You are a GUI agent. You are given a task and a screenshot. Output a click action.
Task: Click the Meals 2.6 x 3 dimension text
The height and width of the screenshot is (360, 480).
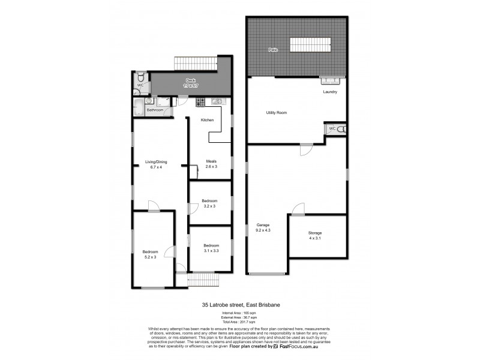(211, 166)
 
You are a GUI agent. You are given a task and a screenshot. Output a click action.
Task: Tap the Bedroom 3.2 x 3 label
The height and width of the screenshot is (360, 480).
(209, 203)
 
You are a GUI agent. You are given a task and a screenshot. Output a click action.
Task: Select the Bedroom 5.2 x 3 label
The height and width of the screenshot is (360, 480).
(149, 254)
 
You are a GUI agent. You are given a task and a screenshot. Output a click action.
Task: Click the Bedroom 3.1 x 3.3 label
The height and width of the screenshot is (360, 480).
(211, 247)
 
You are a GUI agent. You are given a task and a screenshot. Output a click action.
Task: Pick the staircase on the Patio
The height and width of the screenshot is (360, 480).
(311, 45)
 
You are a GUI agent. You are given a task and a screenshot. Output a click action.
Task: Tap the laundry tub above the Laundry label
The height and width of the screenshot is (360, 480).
(330, 80)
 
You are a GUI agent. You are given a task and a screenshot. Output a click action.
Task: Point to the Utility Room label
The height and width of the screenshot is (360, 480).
(277, 113)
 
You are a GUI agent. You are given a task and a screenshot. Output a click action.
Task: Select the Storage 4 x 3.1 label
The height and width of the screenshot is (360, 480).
(315, 235)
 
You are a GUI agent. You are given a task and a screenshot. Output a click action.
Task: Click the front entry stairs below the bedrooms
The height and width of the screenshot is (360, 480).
(202, 280)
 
